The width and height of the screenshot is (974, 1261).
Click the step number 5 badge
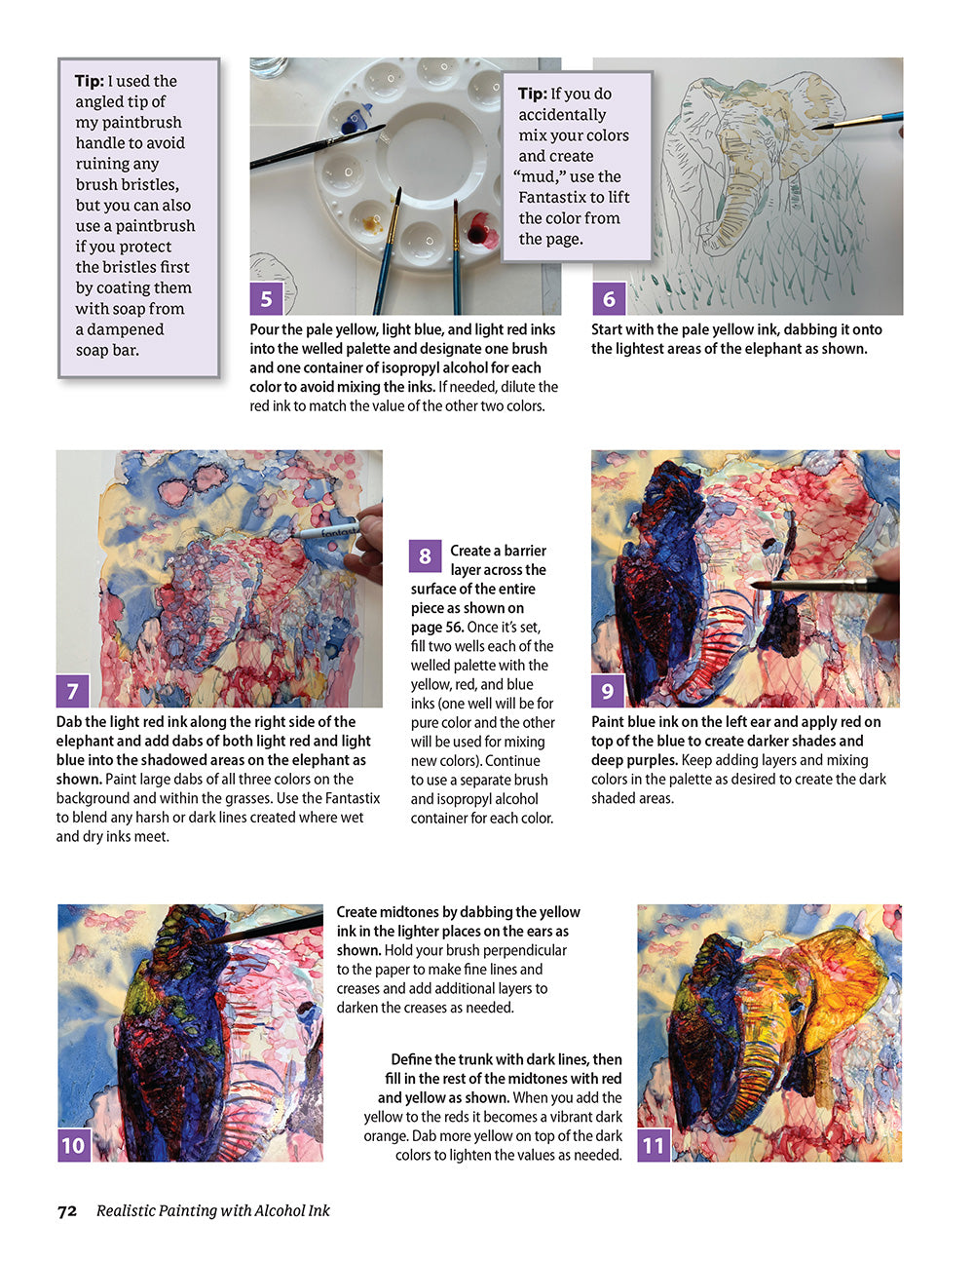click(x=266, y=298)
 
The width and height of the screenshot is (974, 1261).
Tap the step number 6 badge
click(x=609, y=298)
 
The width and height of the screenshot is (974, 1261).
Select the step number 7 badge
click(x=73, y=691)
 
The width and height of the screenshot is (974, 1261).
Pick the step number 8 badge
click(x=425, y=556)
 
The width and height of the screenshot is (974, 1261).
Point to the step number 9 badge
click(x=607, y=691)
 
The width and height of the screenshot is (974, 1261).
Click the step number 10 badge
click(x=74, y=1145)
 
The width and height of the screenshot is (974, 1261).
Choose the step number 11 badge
click(x=654, y=1145)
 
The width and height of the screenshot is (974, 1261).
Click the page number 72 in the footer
click(x=67, y=1211)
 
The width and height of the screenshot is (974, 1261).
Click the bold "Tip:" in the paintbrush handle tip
click(x=89, y=81)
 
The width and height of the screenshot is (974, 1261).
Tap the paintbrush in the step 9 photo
click(x=828, y=586)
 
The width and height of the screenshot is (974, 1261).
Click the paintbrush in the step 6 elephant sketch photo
click(x=857, y=122)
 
